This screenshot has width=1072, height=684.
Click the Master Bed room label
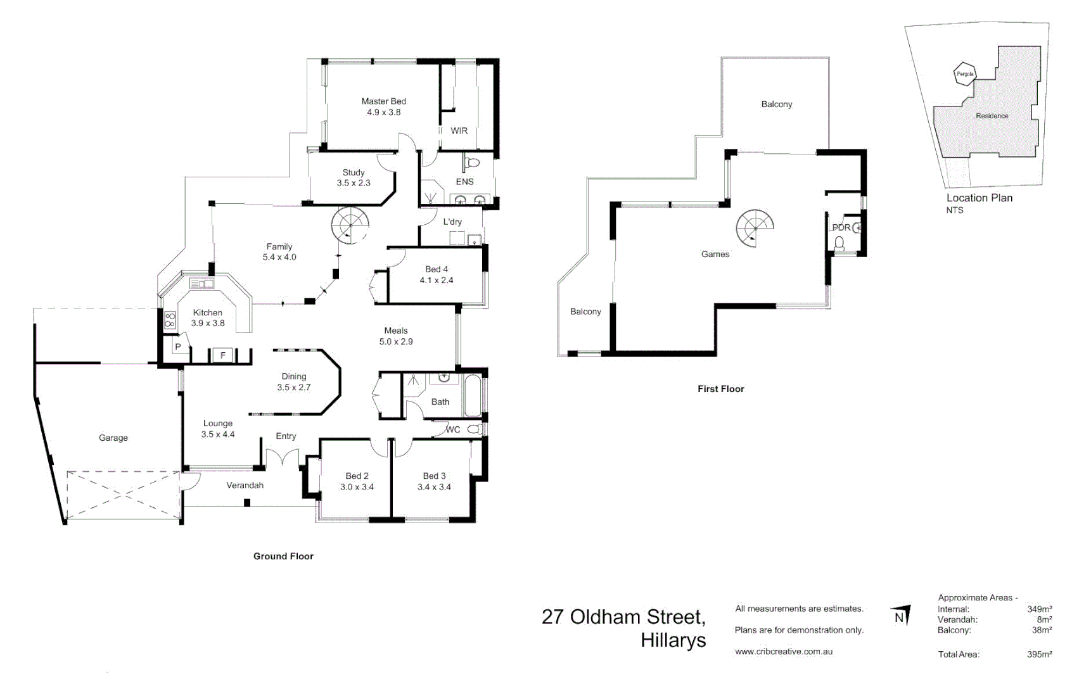click(383, 101)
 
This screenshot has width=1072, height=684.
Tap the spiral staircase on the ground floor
click(350, 225)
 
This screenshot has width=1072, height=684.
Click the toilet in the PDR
click(839, 243)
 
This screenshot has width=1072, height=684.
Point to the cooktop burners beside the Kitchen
click(170, 320)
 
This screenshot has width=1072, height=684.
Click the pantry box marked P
click(178, 347)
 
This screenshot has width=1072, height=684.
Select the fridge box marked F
click(223, 355)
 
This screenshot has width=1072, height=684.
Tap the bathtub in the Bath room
click(473, 396)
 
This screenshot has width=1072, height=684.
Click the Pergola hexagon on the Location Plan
click(965, 74)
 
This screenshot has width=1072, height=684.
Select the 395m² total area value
click(1039, 654)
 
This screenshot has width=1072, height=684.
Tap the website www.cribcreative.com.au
click(784, 651)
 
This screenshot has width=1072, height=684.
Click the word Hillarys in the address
click(673, 640)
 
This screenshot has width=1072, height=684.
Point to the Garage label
click(113, 438)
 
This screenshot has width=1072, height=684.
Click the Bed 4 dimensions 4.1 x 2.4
click(437, 280)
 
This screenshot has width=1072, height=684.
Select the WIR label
click(459, 130)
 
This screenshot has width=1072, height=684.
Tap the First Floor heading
click(720, 389)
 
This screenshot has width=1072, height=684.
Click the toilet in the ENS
click(472, 163)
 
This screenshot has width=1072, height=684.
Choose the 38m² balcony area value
click(1042, 630)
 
